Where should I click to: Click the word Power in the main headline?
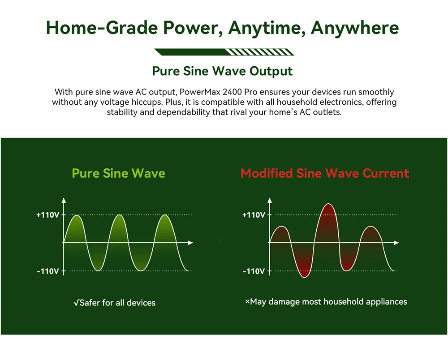click(x=192, y=28)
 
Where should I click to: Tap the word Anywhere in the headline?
click(x=354, y=28)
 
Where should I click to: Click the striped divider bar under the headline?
click(x=224, y=52)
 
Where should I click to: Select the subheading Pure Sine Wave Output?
click(x=222, y=71)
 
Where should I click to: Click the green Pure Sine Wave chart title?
click(x=118, y=173)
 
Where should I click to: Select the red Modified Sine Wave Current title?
click(x=325, y=173)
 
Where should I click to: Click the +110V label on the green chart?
click(x=48, y=214)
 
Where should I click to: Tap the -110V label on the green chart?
click(x=48, y=271)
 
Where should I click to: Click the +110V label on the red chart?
click(x=254, y=214)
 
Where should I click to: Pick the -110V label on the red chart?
click(x=254, y=271)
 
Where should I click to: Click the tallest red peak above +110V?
click(x=328, y=205)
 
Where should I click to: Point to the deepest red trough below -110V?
click(x=304, y=276)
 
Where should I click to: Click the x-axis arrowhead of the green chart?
click(x=190, y=243)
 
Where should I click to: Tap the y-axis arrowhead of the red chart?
click(x=269, y=200)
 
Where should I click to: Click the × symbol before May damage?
click(x=247, y=301)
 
